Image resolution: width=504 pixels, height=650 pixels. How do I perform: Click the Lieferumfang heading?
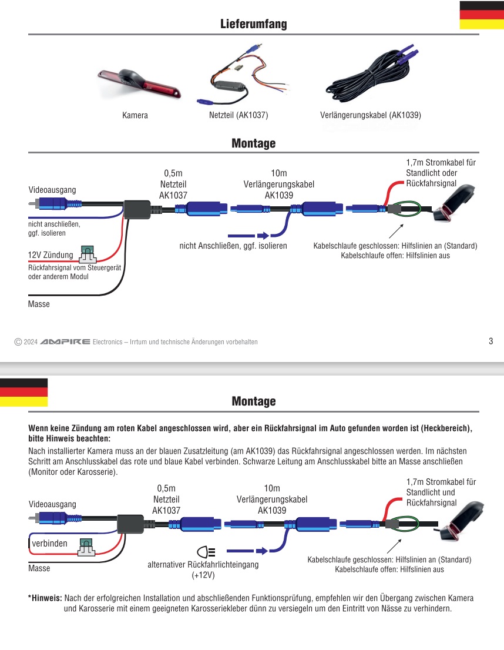point(253,24)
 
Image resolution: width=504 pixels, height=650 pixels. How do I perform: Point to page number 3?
point(490,341)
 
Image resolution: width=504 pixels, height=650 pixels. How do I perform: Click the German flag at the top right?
point(481,15)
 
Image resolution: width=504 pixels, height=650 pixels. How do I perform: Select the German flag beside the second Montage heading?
point(23,392)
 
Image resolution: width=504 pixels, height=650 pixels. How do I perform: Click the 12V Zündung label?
point(51,255)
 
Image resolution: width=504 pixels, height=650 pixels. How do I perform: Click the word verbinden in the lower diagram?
point(50,544)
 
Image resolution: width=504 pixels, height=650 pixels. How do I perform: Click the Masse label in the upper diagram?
point(39,304)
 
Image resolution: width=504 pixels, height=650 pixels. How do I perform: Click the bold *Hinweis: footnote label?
point(45,598)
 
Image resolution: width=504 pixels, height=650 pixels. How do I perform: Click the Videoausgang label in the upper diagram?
point(52,190)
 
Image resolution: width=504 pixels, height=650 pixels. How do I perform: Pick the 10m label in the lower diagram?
point(271,488)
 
